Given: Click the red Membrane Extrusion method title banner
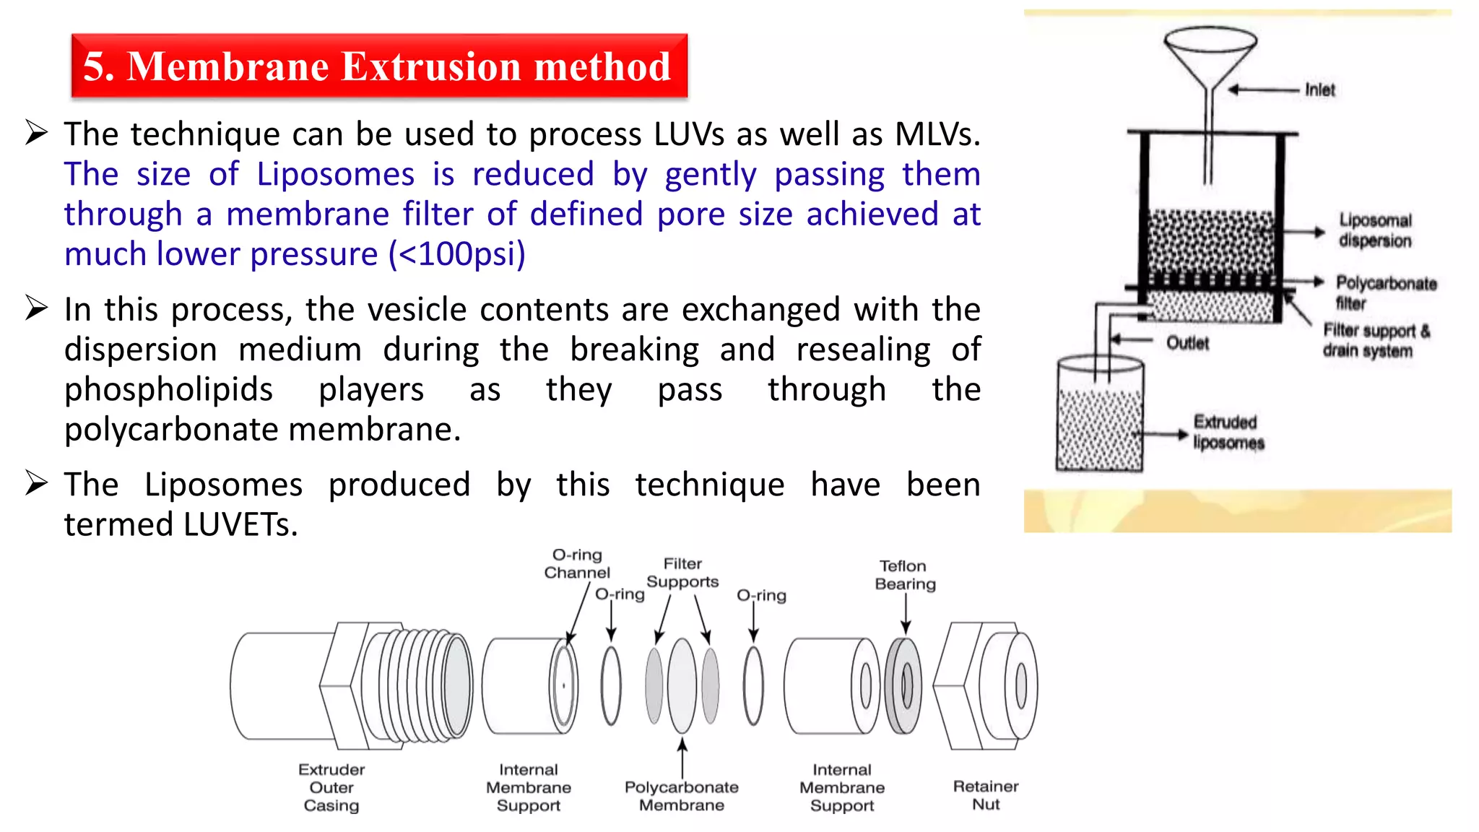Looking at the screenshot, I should (379, 66).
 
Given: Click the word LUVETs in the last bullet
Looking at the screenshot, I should (240, 525).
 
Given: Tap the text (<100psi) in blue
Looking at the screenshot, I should (457, 254).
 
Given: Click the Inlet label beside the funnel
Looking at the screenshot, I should (1319, 90).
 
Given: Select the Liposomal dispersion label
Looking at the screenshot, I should (1375, 230).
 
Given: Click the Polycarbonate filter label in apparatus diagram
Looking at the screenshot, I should (1385, 292).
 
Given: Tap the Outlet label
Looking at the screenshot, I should (1187, 343).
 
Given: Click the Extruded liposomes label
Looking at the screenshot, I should (1228, 432).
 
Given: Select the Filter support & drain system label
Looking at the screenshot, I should (1375, 340).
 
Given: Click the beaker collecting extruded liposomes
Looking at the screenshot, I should (1099, 415).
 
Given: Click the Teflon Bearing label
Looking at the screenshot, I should (904, 575).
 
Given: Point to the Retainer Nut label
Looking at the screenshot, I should (986, 795).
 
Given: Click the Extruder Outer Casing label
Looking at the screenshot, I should (331, 787).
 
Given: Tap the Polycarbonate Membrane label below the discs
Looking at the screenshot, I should (681, 796).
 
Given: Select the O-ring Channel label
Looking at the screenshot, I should (577, 564).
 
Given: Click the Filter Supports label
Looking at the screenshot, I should (682, 573).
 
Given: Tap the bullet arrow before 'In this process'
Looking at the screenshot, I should (36, 308).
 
